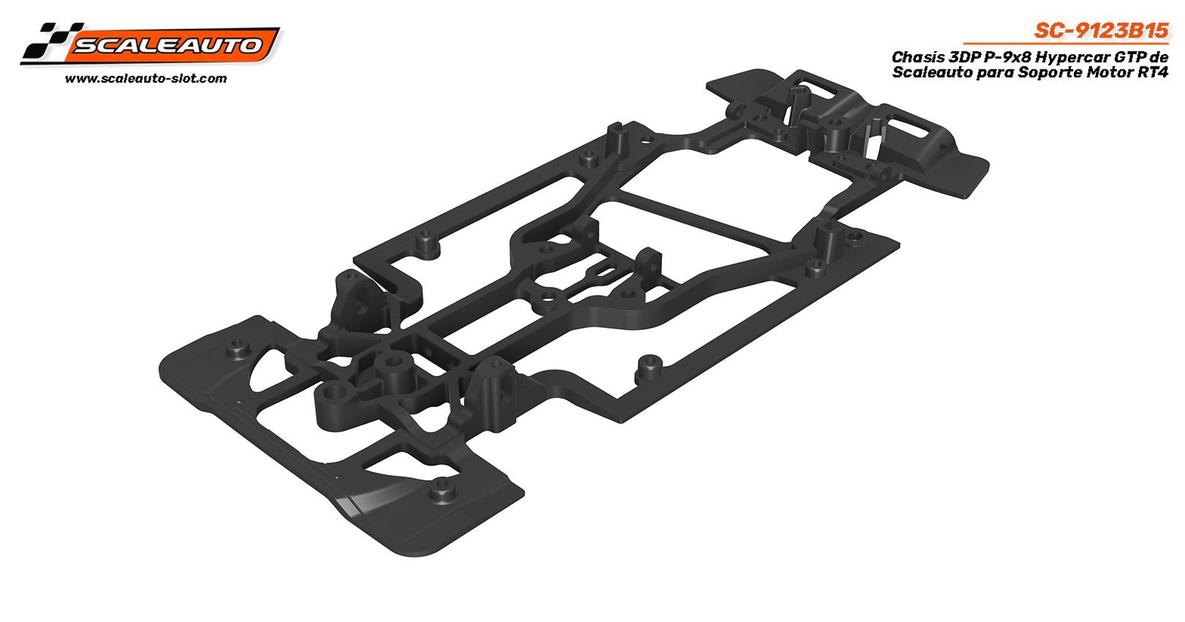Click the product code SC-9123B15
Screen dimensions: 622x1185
click(x=1101, y=31)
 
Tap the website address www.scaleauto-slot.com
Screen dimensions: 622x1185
click(x=146, y=78)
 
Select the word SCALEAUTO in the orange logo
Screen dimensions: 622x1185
click(x=168, y=45)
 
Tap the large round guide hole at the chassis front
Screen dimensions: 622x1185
click(x=396, y=364)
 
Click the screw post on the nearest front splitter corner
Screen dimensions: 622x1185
click(x=440, y=487)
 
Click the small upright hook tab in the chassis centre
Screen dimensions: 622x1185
click(x=647, y=260)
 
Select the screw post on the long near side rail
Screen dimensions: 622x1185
click(x=647, y=364)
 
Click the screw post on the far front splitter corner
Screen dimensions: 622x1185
click(x=237, y=347)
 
